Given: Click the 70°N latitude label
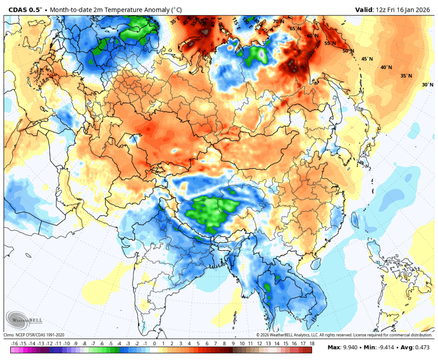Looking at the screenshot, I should tap(278, 22).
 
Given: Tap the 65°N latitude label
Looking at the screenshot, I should tap(295, 29).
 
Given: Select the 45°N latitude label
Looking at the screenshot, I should tap(367, 59).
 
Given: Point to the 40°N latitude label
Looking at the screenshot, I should tap(386, 67).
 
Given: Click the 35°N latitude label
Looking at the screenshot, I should tap(406, 76).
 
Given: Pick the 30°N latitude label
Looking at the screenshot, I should tap(427, 85).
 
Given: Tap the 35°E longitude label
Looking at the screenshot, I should tap(175, 22).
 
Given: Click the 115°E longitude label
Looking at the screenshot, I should tap(236, 22).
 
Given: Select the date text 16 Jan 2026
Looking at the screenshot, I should tap(415, 9).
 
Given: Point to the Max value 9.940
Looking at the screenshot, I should tap(347, 348).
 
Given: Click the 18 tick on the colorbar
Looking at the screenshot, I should tap(311, 344).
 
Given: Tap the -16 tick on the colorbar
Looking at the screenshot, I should tap(15, 344).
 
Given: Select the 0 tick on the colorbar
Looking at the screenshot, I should tap(155, 344).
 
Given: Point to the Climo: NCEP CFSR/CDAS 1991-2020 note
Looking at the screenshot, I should tap(34, 335).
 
